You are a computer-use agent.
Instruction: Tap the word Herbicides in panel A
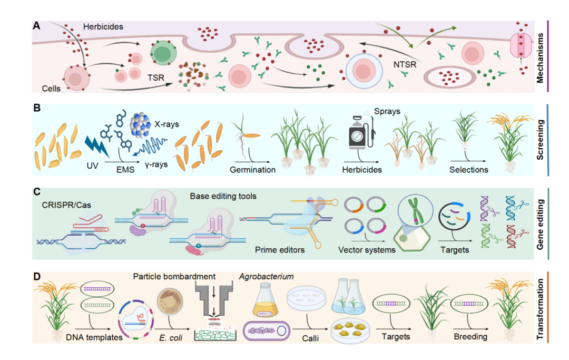click(103, 26)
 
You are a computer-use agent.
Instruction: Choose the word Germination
click(252, 170)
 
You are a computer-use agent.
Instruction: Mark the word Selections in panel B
click(469, 170)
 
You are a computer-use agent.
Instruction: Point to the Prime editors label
click(279, 249)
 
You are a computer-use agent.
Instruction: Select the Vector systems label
click(367, 249)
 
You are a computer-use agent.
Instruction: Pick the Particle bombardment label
click(168, 275)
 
